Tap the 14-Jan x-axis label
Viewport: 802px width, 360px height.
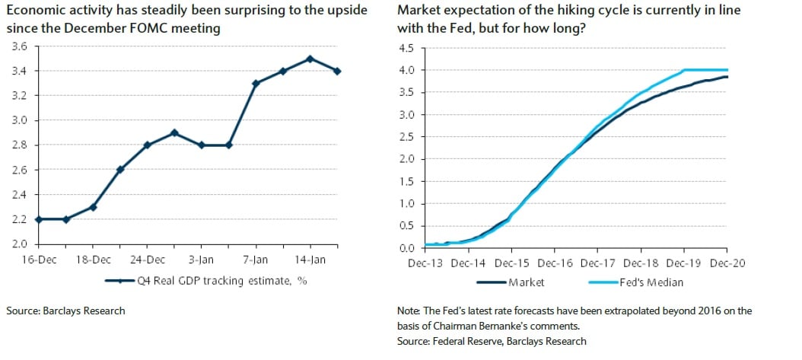pos(310,260)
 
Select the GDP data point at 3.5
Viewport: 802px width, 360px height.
pos(309,59)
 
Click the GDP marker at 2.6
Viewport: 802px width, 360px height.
pos(120,170)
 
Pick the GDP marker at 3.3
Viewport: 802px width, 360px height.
pos(256,83)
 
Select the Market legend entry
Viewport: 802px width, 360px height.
pos(524,282)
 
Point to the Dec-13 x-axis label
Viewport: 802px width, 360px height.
pos(424,263)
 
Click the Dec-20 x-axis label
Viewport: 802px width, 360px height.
pos(727,263)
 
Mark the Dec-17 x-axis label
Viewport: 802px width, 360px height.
pos(597,263)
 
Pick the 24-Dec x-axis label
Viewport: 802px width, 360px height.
pos(148,260)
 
